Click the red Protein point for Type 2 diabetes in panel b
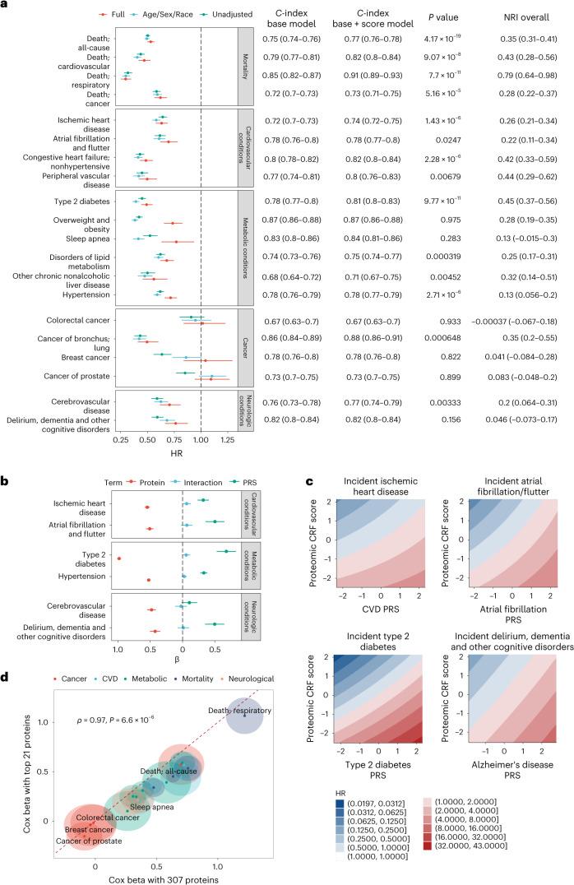pyautogui.click(x=119, y=559)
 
